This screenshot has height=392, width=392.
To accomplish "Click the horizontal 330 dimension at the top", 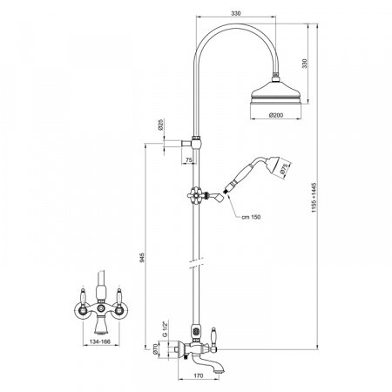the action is pyautogui.click(x=236, y=13).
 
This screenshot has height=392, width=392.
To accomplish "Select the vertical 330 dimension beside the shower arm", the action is pyautogui.click(x=305, y=64).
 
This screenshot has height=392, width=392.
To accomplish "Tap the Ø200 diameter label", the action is pyautogui.click(x=276, y=115).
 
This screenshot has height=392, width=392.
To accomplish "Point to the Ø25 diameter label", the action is pyautogui.click(x=160, y=125).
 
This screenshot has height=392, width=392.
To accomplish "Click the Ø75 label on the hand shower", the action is pyautogui.click(x=284, y=169).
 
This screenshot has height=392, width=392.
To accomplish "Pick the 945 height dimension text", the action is pyautogui.click(x=142, y=258).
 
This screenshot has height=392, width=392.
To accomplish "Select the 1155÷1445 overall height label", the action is pyautogui.click(x=314, y=198).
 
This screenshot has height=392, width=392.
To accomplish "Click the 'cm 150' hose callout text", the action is pyautogui.click(x=251, y=217).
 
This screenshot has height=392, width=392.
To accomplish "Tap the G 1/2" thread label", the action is pyautogui.click(x=166, y=329).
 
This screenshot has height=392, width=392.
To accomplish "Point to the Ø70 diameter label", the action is pyautogui.click(x=155, y=348).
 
